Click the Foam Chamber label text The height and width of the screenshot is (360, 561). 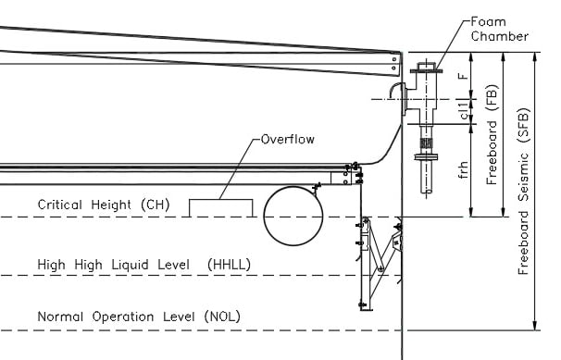click(x=499, y=29)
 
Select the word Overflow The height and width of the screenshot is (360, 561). click(x=287, y=140)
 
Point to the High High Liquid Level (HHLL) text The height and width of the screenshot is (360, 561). click(x=143, y=265)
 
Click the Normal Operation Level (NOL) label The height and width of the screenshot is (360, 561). click(x=139, y=317)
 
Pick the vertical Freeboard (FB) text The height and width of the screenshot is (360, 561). click(x=492, y=136)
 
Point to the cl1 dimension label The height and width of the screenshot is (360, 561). click(x=462, y=107)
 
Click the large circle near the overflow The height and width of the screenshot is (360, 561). click(x=293, y=215)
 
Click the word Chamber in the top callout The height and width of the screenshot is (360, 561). click(x=499, y=37)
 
